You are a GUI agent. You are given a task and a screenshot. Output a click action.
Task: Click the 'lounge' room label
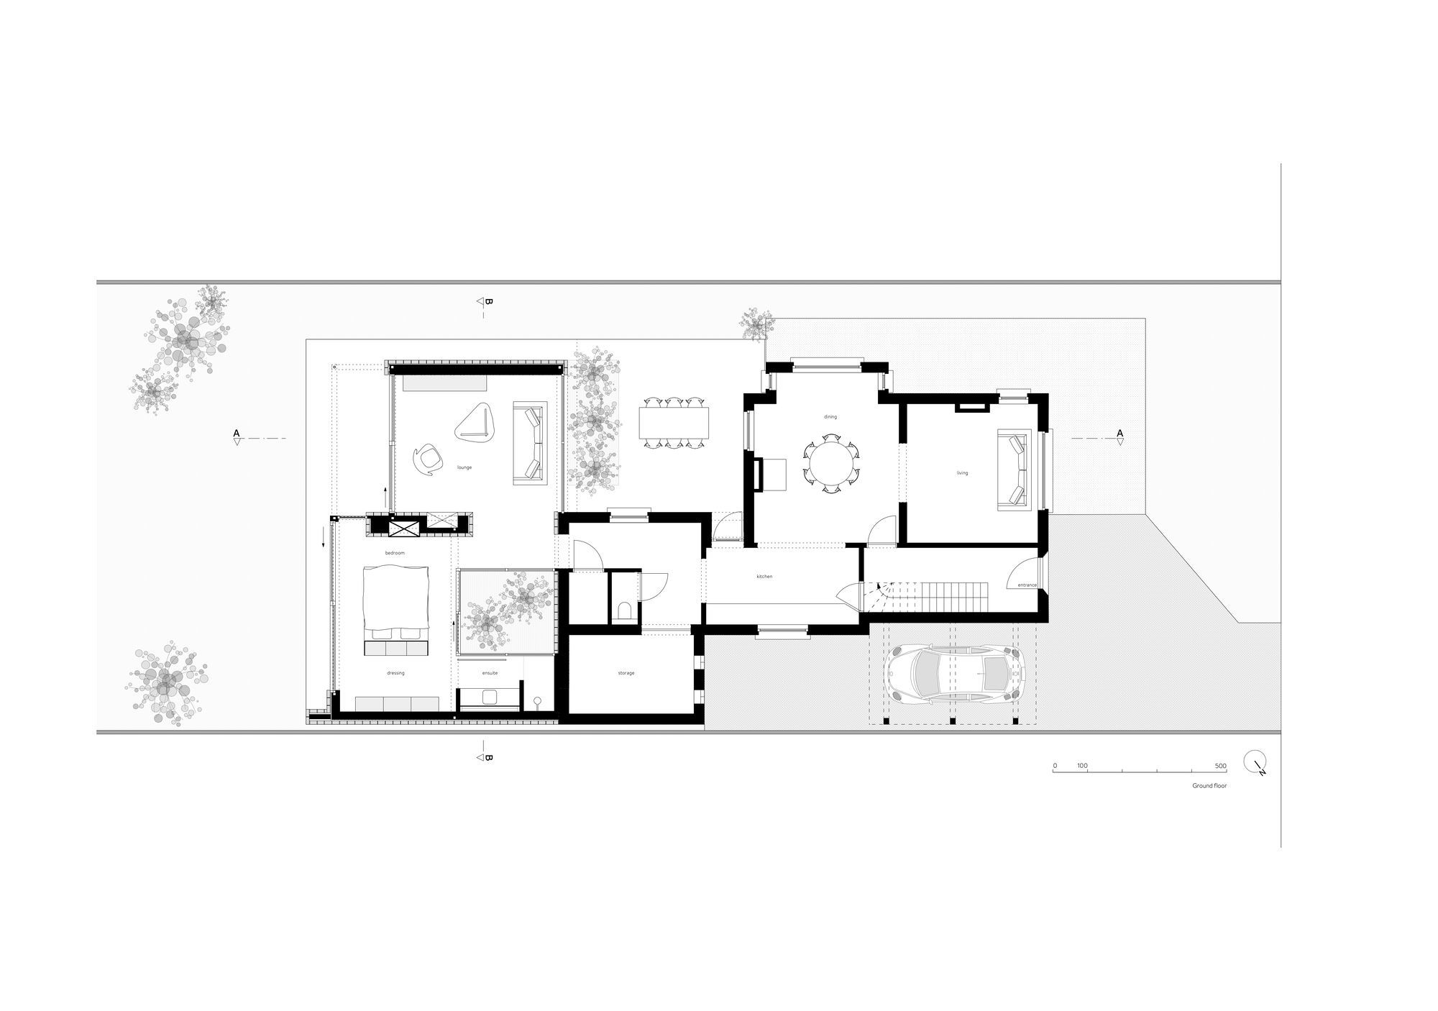pyautogui.click(x=464, y=467)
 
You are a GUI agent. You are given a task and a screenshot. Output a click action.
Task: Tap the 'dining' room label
pyautogui.click(x=830, y=417)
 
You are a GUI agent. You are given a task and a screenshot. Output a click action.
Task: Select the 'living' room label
pyautogui.click(x=962, y=473)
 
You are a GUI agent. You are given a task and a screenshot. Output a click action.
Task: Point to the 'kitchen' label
pyautogui.click(x=764, y=577)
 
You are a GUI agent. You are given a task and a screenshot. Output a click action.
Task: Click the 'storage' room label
pyautogui.click(x=626, y=673)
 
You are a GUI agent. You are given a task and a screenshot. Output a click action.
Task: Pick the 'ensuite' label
pyautogui.click(x=490, y=673)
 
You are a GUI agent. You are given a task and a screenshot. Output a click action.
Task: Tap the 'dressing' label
pyautogui.click(x=395, y=673)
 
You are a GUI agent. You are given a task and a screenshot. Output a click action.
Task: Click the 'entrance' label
pyautogui.click(x=1027, y=585)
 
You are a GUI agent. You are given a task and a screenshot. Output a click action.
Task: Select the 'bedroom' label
pyautogui.click(x=395, y=553)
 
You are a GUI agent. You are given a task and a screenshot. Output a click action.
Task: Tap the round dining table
pyautogui.click(x=831, y=464)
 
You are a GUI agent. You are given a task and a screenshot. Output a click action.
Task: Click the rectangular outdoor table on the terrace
pyautogui.click(x=674, y=423)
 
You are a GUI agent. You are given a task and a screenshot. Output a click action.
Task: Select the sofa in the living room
pyautogui.click(x=1012, y=470)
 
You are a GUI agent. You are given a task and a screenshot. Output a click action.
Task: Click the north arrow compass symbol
pyautogui.click(x=1255, y=762)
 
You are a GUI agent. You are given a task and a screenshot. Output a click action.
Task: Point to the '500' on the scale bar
pyautogui.click(x=1220, y=767)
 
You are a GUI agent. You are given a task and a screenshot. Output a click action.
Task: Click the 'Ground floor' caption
pyautogui.click(x=1209, y=786)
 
